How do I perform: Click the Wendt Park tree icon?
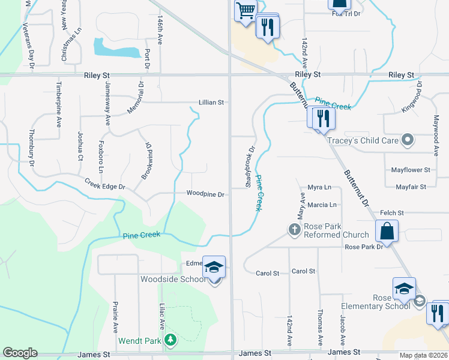click(x=170, y=340)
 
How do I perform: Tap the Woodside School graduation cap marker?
click(x=214, y=268)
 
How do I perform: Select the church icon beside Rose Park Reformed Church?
click(x=294, y=229)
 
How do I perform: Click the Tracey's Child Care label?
click(x=363, y=140)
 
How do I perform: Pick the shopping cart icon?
click(x=245, y=11)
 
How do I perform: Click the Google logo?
click(x=20, y=353)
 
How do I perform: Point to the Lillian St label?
click(x=211, y=103)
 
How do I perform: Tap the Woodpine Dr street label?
click(x=205, y=194)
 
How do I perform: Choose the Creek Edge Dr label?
click(x=104, y=187)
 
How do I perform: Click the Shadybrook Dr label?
click(x=252, y=166)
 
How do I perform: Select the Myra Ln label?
click(x=319, y=187)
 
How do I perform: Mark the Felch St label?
click(x=392, y=213)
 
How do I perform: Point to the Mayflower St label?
click(x=411, y=170)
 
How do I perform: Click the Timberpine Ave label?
click(x=59, y=101)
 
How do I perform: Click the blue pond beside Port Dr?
click(x=117, y=49)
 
